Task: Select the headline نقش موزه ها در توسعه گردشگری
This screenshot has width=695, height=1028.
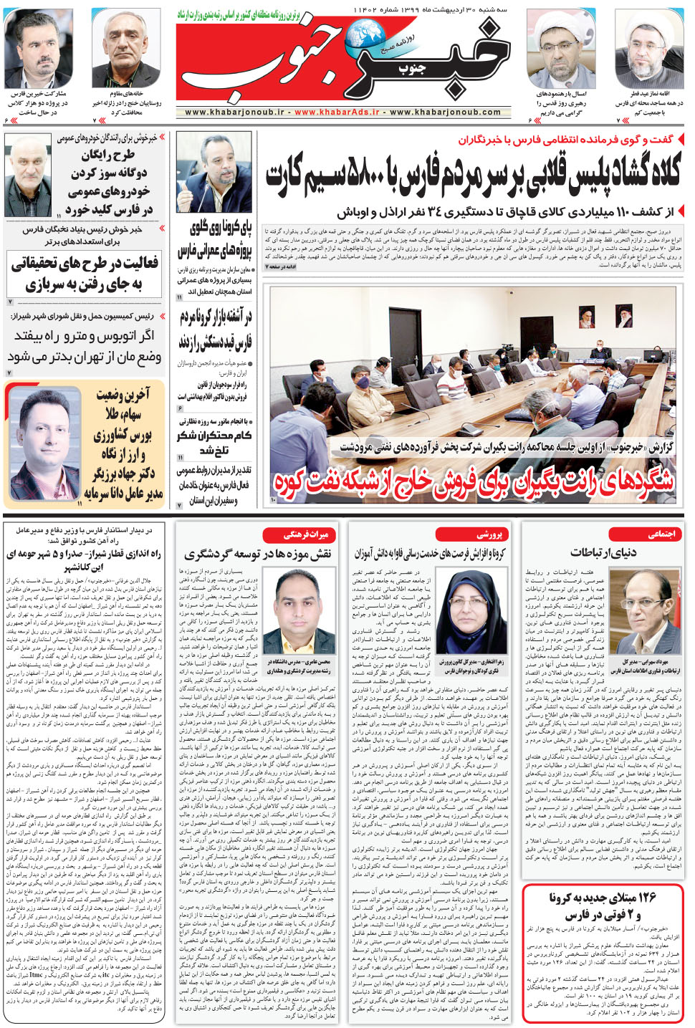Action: click(x=258, y=554)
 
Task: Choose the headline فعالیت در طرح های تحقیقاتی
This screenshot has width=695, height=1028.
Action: click(x=85, y=273)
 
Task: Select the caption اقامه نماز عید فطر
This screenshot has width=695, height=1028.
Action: click(x=649, y=94)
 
